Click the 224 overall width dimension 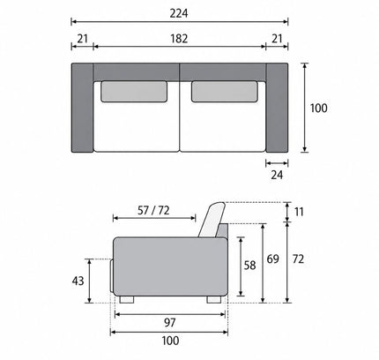click(179, 13)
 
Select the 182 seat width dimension click(179, 39)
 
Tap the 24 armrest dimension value click(277, 175)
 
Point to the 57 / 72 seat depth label click(153, 210)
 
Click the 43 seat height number click(78, 281)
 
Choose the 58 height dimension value click(249, 266)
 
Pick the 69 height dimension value click(272, 259)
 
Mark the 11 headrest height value click(299, 212)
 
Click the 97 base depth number click(170, 323)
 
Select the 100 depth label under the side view click(170, 341)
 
